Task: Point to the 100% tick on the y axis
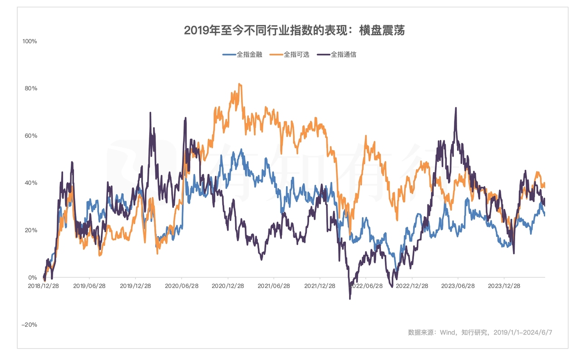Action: click(30, 41)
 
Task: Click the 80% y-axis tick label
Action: click(30, 88)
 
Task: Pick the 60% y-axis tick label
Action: click(30, 136)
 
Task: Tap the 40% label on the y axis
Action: click(30, 183)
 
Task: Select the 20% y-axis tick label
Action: click(30, 230)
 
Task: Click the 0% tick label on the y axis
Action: click(32, 277)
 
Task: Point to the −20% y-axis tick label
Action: click(30, 325)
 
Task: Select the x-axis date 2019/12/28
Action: click(135, 286)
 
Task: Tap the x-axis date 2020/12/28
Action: click(228, 286)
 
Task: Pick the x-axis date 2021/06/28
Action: click(274, 286)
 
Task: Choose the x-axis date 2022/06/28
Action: click(366, 286)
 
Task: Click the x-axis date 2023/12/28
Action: click(504, 286)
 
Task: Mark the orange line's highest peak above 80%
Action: click(240, 84)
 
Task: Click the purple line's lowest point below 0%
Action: click(350, 298)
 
